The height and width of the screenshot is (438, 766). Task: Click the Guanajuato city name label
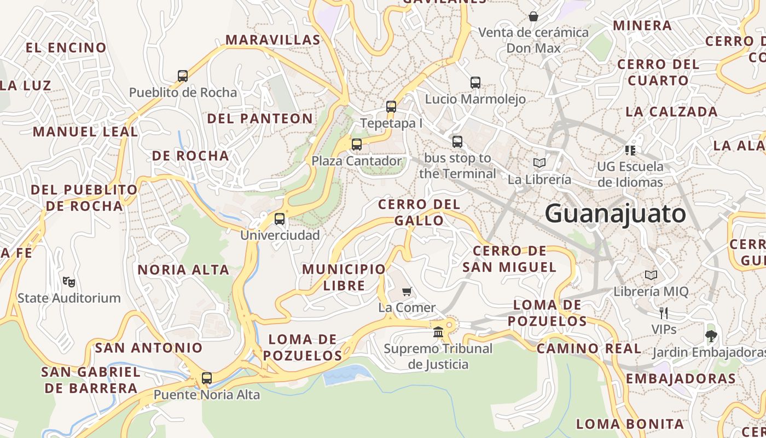click(x=615, y=213)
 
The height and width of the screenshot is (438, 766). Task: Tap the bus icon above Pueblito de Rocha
click(x=183, y=76)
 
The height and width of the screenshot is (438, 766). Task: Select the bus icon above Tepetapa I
click(x=391, y=107)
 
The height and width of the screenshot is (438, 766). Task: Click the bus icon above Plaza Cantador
click(x=356, y=145)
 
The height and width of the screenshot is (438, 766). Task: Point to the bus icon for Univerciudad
click(x=280, y=219)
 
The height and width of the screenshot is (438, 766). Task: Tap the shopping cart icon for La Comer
click(x=407, y=291)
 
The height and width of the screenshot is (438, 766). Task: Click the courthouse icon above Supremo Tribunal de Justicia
click(x=438, y=332)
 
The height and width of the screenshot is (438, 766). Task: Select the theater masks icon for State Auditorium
click(x=68, y=282)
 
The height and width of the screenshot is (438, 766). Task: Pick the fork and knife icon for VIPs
click(x=664, y=313)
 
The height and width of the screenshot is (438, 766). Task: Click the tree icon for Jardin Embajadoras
click(x=711, y=336)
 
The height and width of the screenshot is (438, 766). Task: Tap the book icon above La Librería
click(x=539, y=163)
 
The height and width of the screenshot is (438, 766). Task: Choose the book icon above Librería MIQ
click(x=651, y=275)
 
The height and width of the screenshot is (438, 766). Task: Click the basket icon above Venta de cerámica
click(x=533, y=16)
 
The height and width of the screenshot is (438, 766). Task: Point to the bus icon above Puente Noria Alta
click(x=206, y=378)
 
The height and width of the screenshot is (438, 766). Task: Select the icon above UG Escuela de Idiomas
click(x=630, y=150)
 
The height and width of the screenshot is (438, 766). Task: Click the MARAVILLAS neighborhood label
click(x=272, y=40)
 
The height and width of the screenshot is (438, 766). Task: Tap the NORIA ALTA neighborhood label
click(x=183, y=270)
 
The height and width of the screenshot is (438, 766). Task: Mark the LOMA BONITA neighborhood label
click(x=630, y=424)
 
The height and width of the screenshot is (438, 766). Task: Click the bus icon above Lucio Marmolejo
click(x=475, y=83)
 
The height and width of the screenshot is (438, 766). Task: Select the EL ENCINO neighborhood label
click(x=66, y=48)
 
